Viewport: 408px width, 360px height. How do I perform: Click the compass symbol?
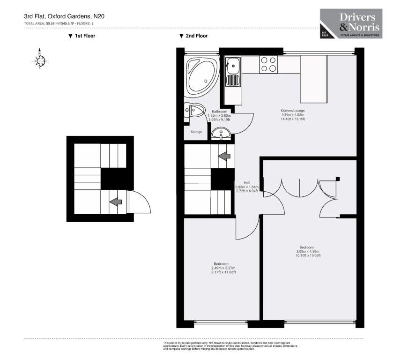40,60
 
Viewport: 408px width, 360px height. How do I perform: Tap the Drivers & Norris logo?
351,23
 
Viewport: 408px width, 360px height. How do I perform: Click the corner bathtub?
201,76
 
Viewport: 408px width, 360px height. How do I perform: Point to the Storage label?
196,132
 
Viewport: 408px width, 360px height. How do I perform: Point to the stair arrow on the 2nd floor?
225,156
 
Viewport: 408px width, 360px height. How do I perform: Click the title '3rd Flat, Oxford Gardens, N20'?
64,16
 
